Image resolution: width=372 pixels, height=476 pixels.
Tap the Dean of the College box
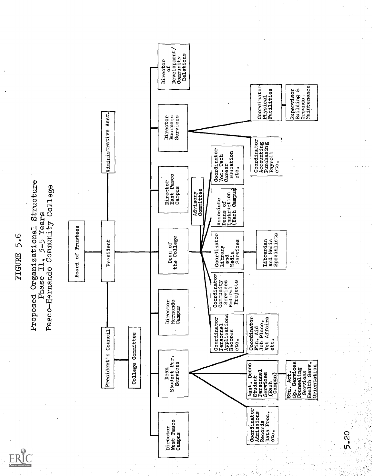[173, 252]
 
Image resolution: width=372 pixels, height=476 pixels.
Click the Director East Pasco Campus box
[173, 189]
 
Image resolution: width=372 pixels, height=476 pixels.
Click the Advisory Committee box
[198, 201]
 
